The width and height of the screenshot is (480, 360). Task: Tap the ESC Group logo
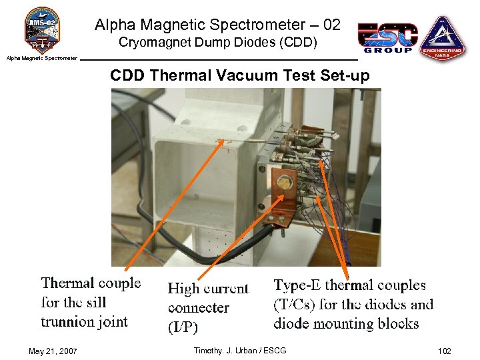387,37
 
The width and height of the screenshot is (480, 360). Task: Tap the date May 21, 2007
53,351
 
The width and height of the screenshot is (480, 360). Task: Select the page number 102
445,351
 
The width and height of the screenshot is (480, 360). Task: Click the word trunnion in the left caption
67,322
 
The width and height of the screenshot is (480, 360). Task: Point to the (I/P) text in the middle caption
183,327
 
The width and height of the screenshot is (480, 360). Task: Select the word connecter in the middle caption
199,308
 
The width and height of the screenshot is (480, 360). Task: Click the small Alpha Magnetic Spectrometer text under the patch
42,58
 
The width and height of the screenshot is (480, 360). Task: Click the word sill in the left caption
96,303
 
